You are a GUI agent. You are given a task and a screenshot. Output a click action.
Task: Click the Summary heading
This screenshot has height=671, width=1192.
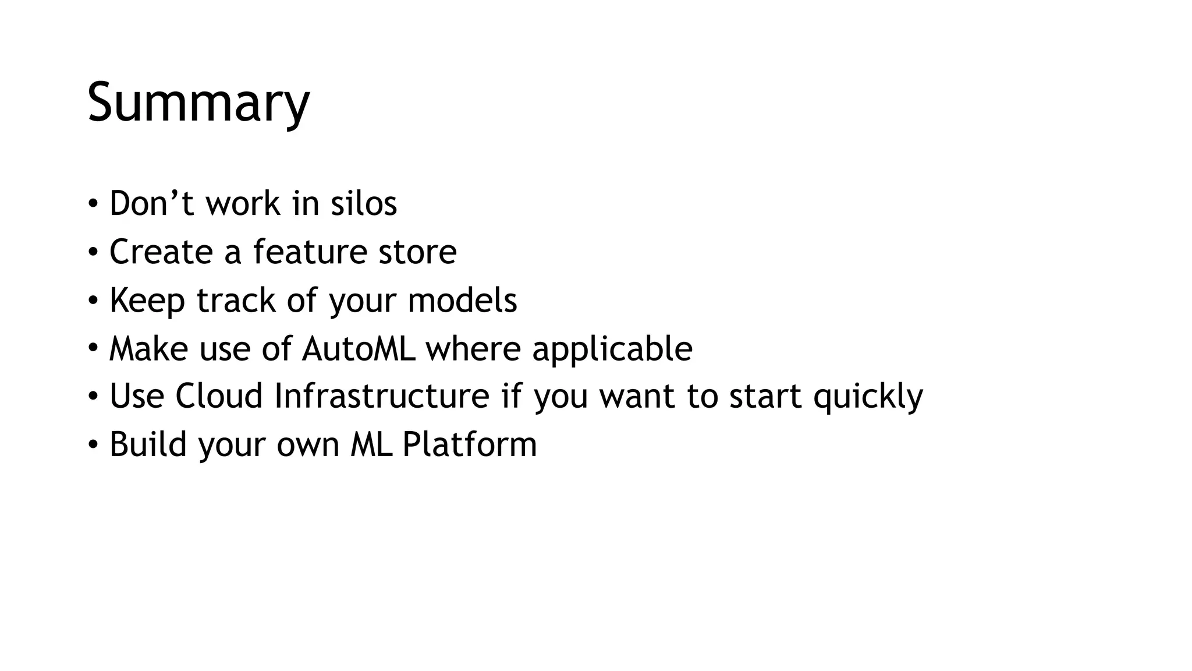[198, 103]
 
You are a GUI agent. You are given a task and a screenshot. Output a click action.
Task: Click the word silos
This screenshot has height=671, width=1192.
[364, 203]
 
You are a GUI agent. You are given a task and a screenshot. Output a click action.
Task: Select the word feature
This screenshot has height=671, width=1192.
[310, 252]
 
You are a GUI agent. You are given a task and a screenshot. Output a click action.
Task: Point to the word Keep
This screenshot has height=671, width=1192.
[147, 301]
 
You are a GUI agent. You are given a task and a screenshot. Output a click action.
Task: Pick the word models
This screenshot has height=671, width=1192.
[462, 301]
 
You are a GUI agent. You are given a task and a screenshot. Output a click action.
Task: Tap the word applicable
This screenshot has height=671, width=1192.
[612, 348]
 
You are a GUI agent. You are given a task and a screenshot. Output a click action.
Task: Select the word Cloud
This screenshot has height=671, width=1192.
[219, 396]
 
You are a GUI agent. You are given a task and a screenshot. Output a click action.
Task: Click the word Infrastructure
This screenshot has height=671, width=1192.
[382, 396]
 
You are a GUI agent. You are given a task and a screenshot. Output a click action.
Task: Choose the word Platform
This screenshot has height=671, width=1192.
[470, 444]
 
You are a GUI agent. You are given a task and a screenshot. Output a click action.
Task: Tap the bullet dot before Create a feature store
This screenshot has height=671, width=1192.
[93, 252]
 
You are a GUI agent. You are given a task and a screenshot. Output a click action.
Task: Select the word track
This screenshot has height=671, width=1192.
[236, 301]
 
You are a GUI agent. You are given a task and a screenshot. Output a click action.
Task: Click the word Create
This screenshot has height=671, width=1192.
[161, 252]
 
